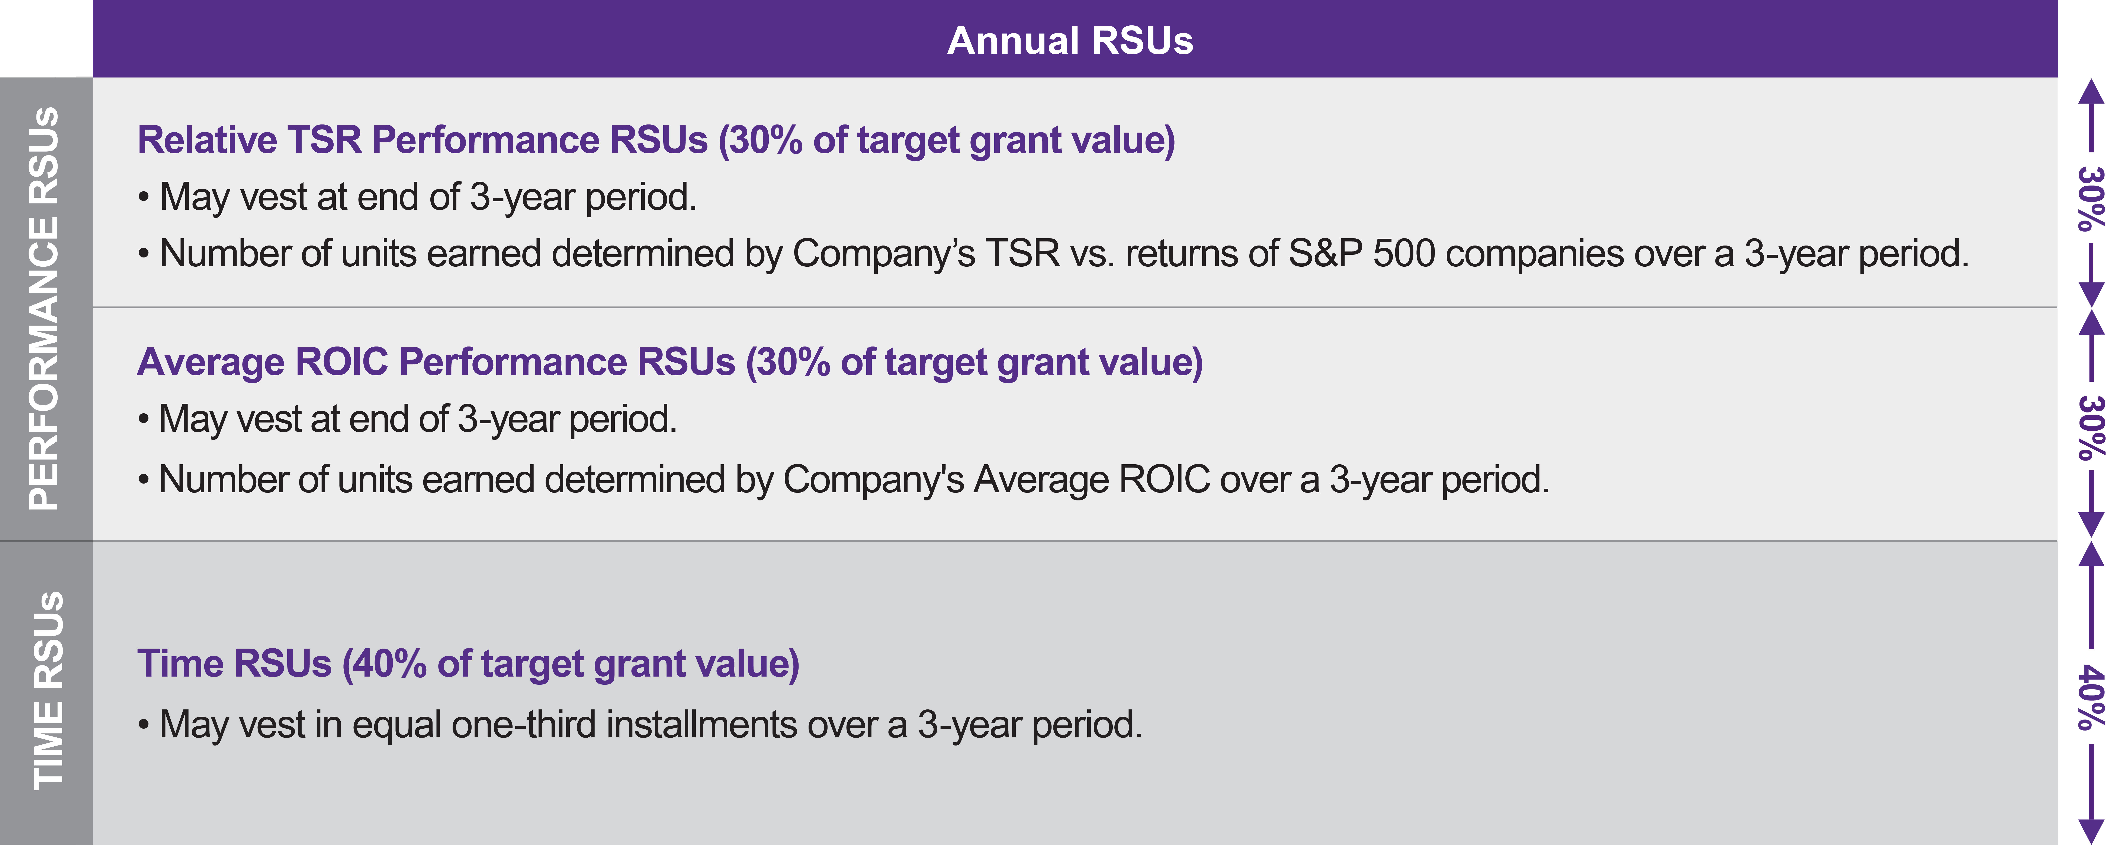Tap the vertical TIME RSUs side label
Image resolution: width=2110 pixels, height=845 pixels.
(x=48, y=690)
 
